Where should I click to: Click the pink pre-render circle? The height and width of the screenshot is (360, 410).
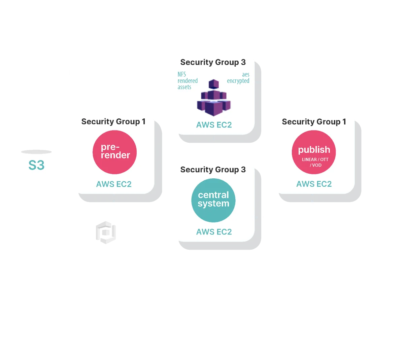click(x=115, y=152)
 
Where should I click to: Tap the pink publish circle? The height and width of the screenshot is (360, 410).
click(x=314, y=152)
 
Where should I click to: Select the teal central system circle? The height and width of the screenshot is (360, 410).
click(x=213, y=200)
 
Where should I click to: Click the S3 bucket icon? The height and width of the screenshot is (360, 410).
click(x=36, y=165)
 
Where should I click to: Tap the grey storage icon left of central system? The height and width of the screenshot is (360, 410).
click(x=105, y=232)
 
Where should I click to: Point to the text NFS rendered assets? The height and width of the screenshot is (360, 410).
click(x=187, y=81)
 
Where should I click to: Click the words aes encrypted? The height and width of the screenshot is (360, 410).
click(x=238, y=78)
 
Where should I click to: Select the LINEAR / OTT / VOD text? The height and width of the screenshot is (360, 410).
click(x=315, y=162)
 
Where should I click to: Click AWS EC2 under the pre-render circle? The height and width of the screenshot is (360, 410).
click(x=114, y=184)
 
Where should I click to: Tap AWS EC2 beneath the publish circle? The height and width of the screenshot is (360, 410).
click(x=314, y=184)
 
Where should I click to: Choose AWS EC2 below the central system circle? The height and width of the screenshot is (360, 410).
click(x=214, y=232)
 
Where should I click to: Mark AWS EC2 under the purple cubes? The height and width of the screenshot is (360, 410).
click(x=214, y=125)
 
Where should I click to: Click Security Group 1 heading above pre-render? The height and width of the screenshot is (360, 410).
click(x=113, y=121)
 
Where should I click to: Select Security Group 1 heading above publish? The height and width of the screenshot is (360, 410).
click(x=314, y=122)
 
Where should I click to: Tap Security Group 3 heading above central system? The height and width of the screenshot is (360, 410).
click(x=213, y=170)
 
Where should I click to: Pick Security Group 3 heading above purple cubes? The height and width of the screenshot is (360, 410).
click(x=213, y=62)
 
